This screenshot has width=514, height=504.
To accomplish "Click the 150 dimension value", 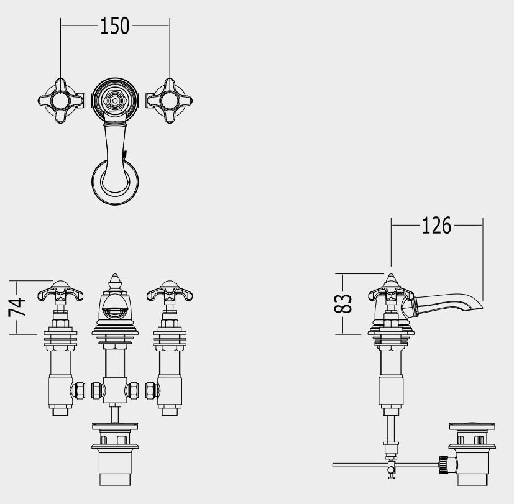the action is pyautogui.click(x=115, y=26).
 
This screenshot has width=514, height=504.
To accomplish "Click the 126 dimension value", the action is pyautogui.click(x=436, y=226).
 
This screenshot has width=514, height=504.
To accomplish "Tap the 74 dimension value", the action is pyautogui.click(x=17, y=307).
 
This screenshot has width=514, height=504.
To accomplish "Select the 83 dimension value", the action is pyautogui.click(x=343, y=304).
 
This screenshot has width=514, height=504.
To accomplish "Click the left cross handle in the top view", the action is pyautogui.click(x=61, y=101).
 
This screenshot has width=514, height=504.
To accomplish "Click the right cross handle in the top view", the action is pyautogui.click(x=170, y=101).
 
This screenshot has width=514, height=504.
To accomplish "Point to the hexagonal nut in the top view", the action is pyautogui.click(x=115, y=100).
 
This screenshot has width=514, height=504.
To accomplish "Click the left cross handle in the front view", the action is pyautogui.click(x=61, y=291).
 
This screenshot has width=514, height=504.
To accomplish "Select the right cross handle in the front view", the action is pyautogui.click(x=170, y=291).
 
